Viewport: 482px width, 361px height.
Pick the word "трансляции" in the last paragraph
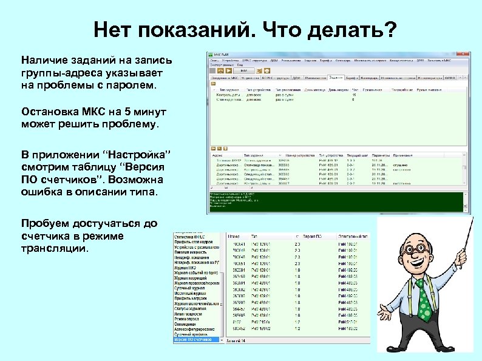coord(55,249)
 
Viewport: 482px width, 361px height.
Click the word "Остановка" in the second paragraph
coord(49,112)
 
